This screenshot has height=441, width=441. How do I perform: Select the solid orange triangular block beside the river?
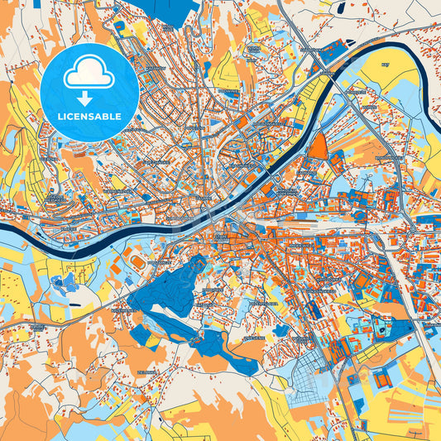coord(319,146)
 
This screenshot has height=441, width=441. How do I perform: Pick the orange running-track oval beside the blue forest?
coord(137,261)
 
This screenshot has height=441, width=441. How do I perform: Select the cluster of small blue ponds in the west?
coord(60,286)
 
